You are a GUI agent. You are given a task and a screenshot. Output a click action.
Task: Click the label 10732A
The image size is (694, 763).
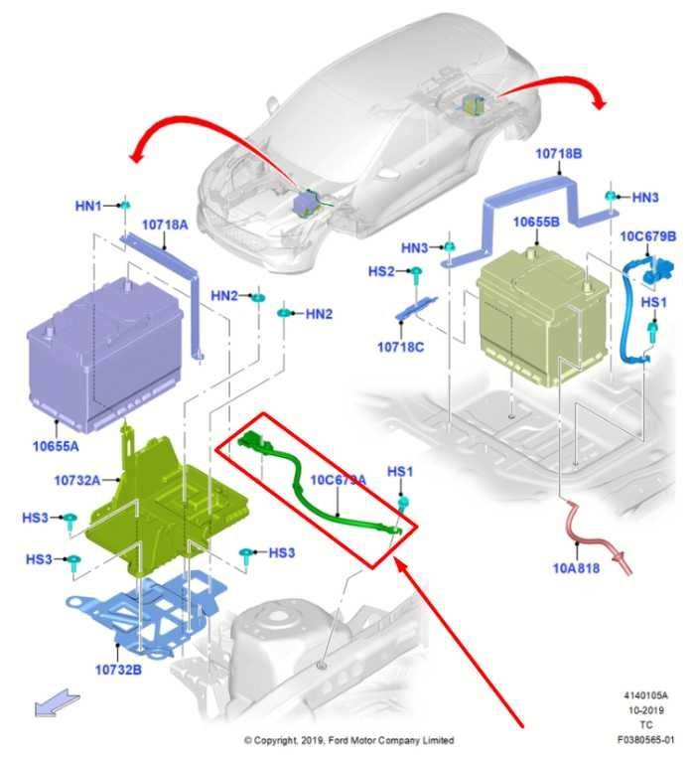(76, 480)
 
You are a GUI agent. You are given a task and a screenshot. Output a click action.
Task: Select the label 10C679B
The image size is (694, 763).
(648, 236)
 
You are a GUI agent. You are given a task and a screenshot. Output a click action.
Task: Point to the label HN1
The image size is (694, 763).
(88, 206)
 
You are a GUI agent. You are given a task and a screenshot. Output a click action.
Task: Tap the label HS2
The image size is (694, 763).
(382, 271)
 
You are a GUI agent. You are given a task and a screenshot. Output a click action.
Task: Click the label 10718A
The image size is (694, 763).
(165, 226)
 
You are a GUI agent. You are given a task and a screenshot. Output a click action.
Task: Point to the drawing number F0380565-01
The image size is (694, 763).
(644, 740)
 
